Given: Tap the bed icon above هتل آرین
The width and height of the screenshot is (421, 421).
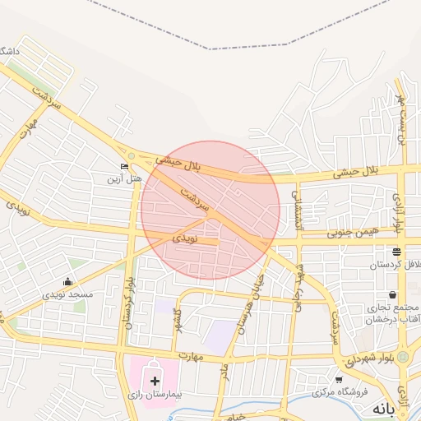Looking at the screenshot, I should coord(124,167).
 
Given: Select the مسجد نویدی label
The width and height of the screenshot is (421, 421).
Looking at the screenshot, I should coord(69,294).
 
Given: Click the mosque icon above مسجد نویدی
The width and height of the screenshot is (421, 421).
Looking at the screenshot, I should coord(70,281).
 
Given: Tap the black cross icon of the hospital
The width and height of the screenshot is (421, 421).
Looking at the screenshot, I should coord(155,381).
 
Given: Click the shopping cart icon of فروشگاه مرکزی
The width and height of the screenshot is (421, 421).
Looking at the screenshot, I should coord(339,380).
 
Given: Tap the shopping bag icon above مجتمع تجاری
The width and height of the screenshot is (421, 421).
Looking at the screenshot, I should coord(392,294).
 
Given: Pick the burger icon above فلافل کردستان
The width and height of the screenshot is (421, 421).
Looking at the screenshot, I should coord(397,252).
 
